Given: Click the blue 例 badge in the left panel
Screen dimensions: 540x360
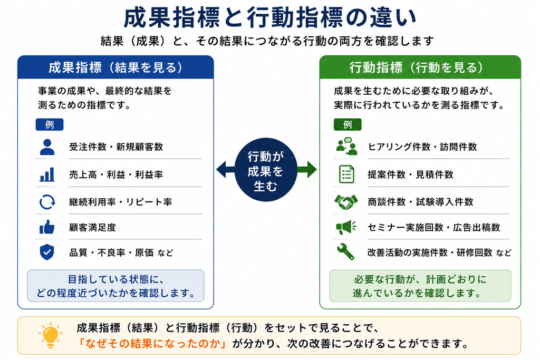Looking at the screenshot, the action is (50, 124).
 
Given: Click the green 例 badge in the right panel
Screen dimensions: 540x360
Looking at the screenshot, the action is (348, 124).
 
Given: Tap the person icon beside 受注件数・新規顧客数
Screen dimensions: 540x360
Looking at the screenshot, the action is (47, 147).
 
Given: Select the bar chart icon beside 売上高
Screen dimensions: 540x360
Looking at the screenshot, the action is (47, 174).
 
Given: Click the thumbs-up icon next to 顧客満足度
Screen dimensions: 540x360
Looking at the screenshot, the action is (47, 227).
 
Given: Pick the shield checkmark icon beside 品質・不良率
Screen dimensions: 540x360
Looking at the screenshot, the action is (47, 252).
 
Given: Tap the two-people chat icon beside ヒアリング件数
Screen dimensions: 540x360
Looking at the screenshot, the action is (346, 147).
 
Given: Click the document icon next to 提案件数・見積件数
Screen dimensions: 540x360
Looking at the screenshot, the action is (346, 174).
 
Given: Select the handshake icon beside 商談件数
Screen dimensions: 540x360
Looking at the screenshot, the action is (346, 202).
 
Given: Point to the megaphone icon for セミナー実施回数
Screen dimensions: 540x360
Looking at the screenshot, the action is (346, 227).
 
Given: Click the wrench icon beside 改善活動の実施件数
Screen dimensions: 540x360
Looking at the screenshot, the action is (346, 251).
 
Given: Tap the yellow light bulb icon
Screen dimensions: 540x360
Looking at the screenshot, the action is (50, 335).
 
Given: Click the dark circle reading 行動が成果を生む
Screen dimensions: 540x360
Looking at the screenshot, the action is (266, 170).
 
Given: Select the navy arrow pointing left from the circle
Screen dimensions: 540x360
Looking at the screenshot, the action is (226, 170).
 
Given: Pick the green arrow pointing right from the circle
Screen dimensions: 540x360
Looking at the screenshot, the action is (306, 170).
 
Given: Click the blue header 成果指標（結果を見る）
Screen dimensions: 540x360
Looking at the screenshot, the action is (115, 67).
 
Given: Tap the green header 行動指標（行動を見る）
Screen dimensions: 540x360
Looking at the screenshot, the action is (420, 67).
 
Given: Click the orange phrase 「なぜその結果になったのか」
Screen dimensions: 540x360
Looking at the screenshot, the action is (152, 344).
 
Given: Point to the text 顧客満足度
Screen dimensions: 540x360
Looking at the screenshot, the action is (92, 228).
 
